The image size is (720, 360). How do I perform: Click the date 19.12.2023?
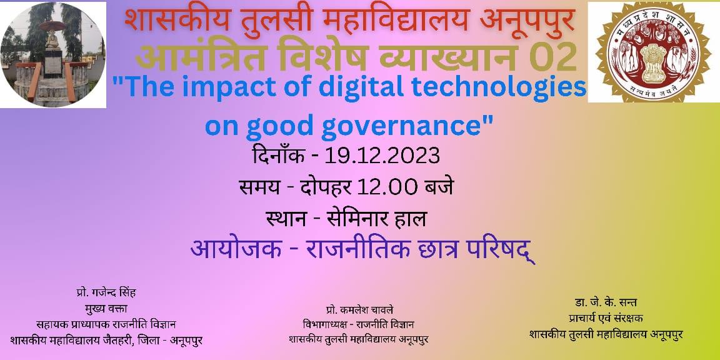point(382,157)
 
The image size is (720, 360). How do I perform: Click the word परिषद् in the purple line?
point(501,251)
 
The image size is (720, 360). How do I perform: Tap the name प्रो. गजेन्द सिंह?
point(106,292)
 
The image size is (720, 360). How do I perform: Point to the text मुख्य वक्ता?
point(106,308)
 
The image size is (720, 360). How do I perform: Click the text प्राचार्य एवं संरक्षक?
point(606,318)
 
